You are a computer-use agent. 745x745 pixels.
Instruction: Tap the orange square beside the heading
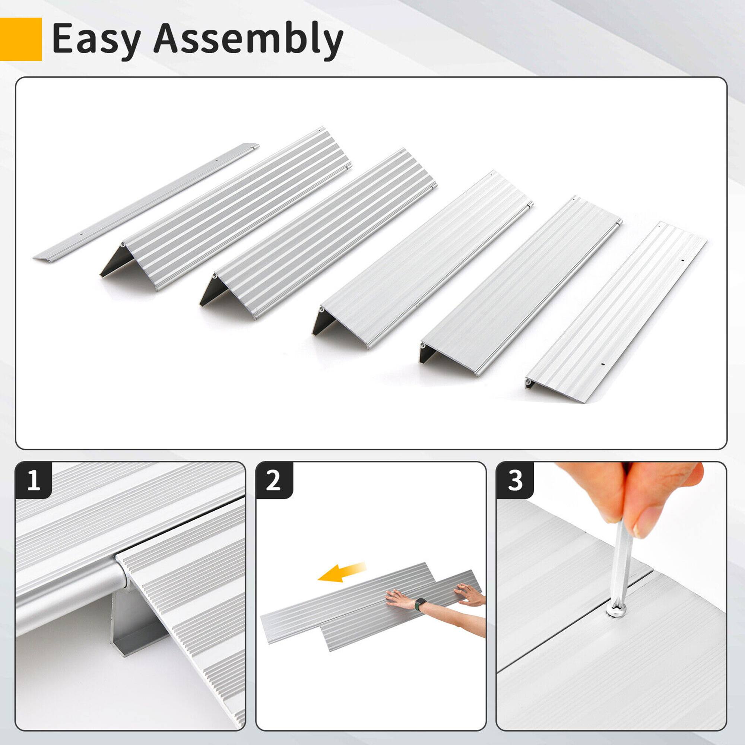click(x=20, y=39)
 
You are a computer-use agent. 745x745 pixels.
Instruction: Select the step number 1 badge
click(x=34, y=481)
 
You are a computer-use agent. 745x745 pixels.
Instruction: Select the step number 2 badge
click(x=273, y=481)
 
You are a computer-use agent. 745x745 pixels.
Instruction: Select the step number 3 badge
click(x=515, y=481)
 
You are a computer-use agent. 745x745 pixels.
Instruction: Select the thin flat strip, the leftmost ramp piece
click(x=146, y=202)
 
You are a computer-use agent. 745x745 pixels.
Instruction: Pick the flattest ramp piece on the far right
click(x=617, y=313)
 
